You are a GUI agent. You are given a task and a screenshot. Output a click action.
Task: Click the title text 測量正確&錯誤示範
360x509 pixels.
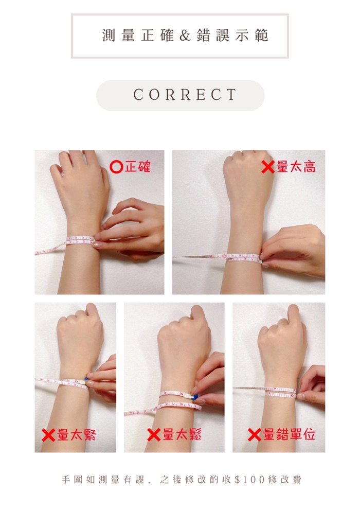[x=185, y=36]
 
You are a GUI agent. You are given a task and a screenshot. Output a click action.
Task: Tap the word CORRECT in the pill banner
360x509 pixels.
[x=185, y=95]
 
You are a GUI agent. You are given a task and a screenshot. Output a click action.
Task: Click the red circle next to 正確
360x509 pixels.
[x=116, y=167]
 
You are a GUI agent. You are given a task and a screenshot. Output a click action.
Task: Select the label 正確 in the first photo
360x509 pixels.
[x=138, y=167]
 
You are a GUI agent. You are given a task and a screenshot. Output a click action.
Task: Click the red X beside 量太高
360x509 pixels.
[x=267, y=167]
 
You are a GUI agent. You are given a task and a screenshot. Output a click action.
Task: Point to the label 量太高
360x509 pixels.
[x=296, y=167]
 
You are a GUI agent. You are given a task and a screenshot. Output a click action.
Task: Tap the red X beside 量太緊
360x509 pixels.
[x=48, y=435]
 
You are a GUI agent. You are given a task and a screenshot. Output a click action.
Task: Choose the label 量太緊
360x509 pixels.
[x=77, y=435]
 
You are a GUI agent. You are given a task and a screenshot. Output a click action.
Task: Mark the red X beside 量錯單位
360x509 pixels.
[x=254, y=435]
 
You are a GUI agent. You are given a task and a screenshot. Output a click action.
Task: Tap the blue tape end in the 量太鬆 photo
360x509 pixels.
[x=195, y=397]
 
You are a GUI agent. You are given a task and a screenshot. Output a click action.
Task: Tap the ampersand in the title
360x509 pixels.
[x=185, y=36]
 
